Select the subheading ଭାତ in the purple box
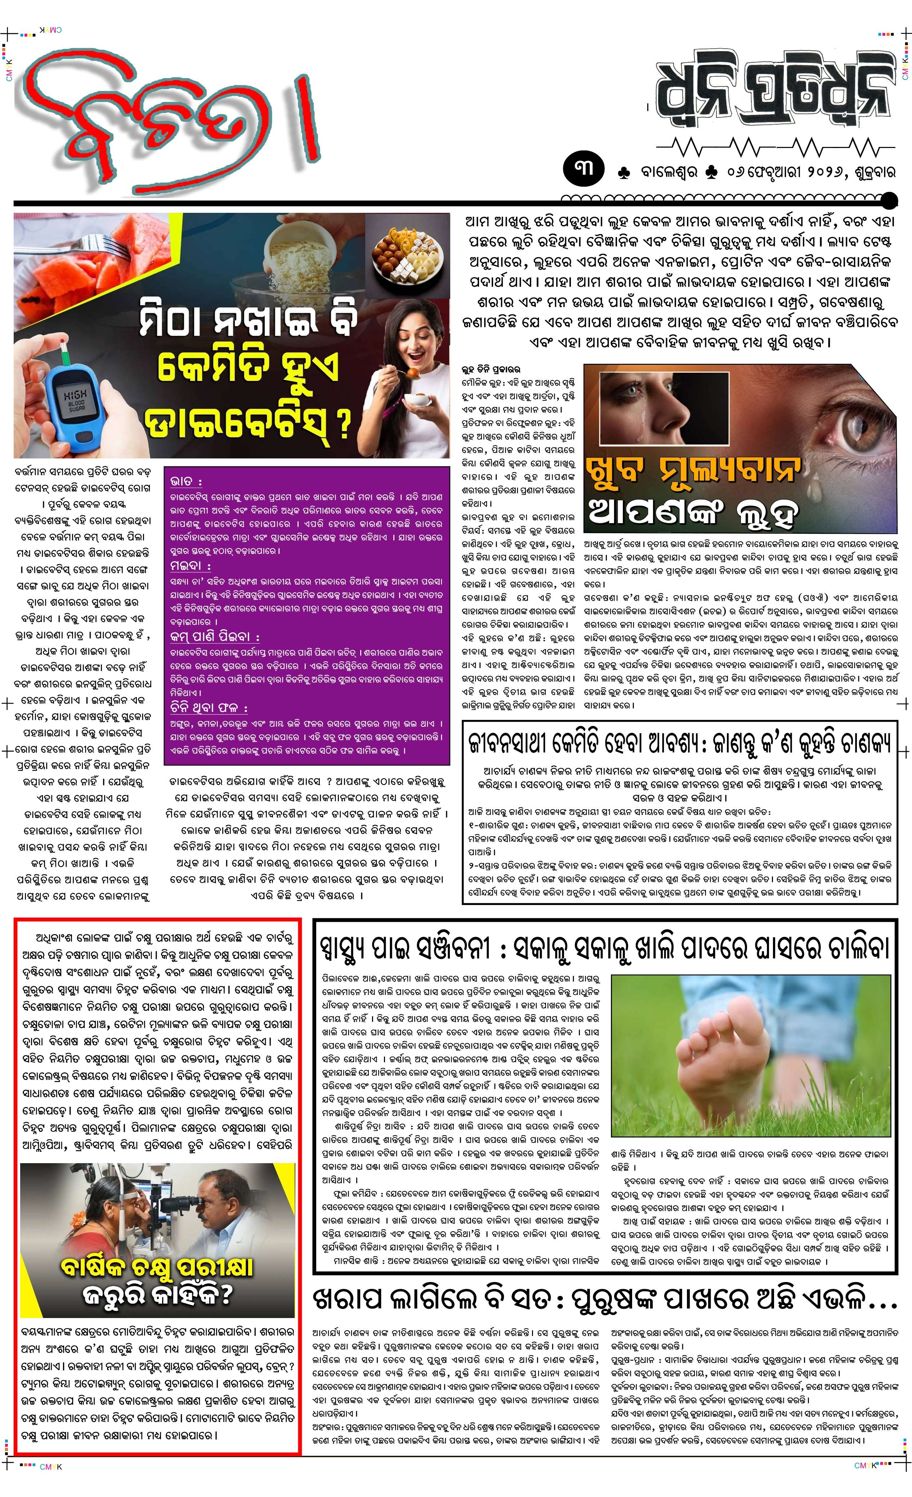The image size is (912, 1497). point(186,481)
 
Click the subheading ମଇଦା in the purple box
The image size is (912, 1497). point(189,566)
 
